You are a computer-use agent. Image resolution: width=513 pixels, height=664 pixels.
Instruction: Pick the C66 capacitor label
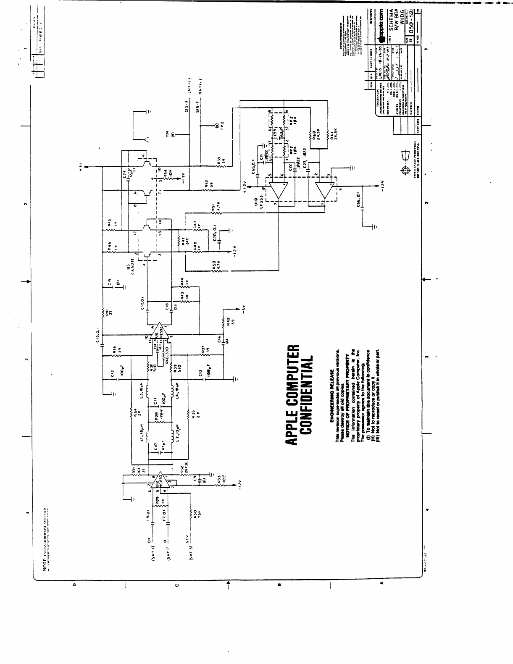tap(359, 197)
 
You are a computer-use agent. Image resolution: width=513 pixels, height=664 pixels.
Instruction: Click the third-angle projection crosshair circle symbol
tap(405, 170)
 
